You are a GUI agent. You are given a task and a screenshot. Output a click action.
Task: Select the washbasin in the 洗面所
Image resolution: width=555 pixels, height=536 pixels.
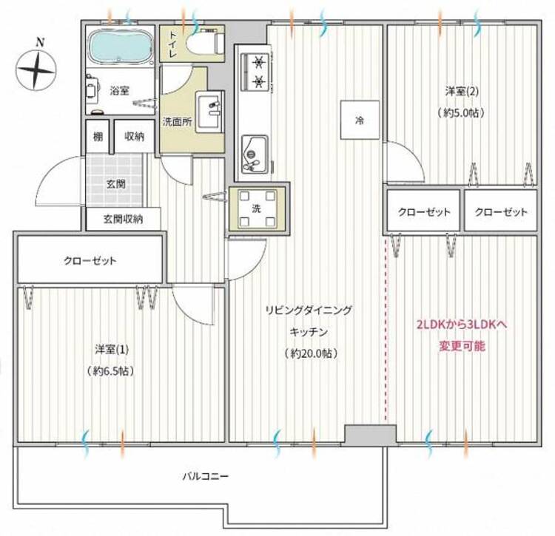[x=209, y=112]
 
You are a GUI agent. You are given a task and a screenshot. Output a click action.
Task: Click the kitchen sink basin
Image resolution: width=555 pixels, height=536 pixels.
[x=254, y=154]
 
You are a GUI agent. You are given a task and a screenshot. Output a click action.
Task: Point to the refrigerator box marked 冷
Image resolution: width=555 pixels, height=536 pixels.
[x=360, y=120]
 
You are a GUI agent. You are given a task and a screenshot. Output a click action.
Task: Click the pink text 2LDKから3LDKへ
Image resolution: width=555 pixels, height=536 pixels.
[x=462, y=325]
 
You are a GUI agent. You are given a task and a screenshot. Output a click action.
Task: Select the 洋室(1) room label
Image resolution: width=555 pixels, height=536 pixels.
[x=112, y=350]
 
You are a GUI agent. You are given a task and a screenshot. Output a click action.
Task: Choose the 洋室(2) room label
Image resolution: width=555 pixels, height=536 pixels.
[x=462, y=92]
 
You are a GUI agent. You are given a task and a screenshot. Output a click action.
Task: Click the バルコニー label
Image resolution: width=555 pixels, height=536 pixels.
[x=205, y=476]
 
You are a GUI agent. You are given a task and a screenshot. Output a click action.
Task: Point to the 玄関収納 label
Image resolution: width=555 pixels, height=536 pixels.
[x=123, y=220]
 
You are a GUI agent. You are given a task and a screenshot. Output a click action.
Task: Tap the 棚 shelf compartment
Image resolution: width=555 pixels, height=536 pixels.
[x=98, y=137]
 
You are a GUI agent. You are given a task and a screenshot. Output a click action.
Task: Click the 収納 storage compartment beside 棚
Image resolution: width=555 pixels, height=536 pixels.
[x=135, y=137]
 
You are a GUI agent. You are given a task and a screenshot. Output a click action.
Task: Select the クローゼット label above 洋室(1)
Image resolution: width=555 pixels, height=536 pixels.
[x=90, y=261]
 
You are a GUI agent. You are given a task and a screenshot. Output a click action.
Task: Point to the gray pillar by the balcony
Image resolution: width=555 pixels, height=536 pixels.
[x=370, y=434]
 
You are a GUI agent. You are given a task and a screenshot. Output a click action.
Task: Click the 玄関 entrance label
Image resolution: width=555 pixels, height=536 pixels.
[x=116, y=184]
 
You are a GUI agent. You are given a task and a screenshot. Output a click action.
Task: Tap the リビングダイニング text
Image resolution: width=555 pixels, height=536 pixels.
[x=309, y=310]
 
